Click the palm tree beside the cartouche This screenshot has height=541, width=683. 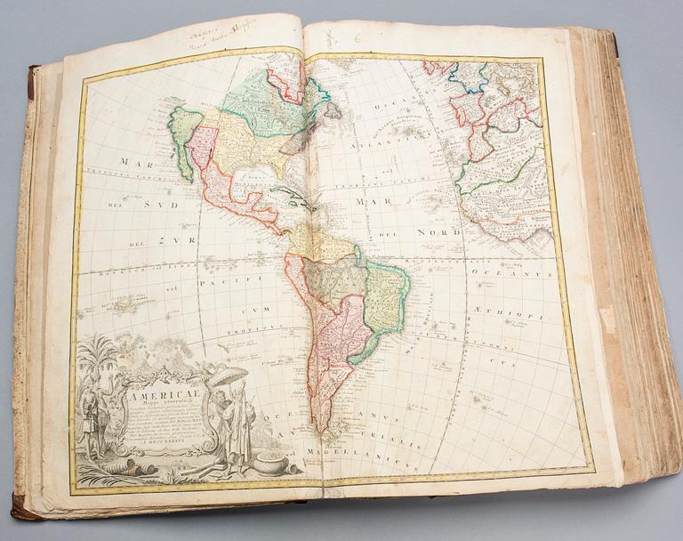click(x=97, y=356)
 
